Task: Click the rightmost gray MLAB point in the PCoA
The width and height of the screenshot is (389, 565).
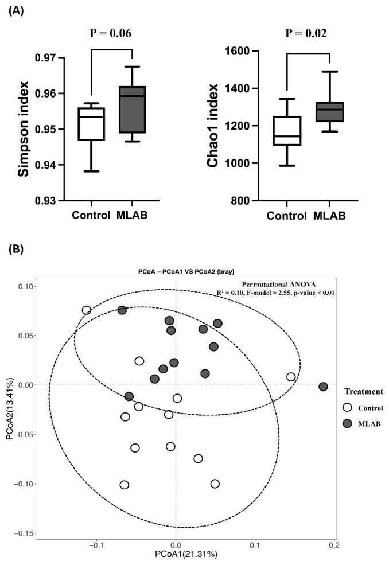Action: (323, 387)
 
